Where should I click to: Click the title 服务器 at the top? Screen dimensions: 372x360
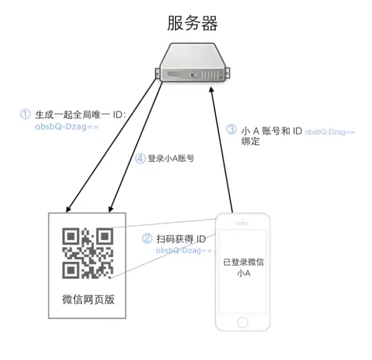192,23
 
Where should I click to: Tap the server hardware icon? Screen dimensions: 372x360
192,62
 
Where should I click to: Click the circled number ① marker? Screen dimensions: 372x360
26,114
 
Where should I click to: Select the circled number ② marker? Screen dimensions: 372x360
147,238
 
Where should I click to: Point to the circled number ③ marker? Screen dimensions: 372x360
231,130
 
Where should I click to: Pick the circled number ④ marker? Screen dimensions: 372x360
140,159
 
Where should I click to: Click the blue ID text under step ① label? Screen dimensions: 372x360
67,127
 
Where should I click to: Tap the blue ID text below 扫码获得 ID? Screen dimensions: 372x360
184,250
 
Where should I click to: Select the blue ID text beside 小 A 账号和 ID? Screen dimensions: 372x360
330,131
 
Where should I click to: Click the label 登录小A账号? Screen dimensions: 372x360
171,158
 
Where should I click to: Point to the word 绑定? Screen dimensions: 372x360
251,141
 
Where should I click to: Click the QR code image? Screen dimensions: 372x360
88,253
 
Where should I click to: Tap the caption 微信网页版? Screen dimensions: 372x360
88,300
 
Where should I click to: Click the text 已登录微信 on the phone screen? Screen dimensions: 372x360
244,262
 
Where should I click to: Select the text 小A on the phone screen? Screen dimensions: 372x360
244,273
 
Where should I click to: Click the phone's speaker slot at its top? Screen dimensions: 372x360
242,223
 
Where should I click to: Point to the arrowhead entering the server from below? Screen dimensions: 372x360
212,89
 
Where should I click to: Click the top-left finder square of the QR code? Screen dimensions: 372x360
71,236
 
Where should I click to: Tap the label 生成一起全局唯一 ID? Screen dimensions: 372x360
81,115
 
